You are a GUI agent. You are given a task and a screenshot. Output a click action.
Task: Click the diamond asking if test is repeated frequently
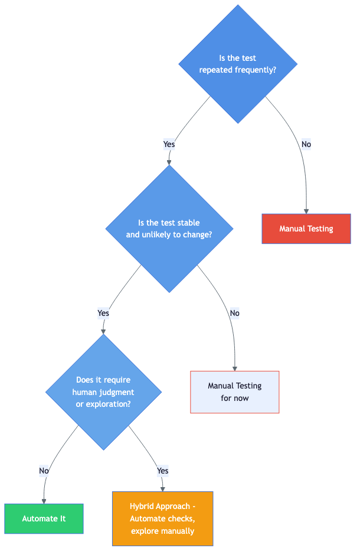[238, 64]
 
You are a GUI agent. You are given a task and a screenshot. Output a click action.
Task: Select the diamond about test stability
[169, 229]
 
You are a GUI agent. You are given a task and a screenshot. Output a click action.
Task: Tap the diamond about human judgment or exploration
[103, 392]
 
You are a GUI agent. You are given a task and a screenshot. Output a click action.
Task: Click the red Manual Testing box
[306, 229]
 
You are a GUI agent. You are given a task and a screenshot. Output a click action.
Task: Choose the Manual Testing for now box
[234, 392]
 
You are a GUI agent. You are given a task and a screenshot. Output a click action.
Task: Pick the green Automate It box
[44, 518]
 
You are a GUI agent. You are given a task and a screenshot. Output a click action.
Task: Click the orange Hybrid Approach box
[162, 518]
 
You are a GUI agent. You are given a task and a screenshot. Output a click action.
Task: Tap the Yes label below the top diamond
[169, 144]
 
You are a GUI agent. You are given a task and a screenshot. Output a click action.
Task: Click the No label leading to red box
[306, 144]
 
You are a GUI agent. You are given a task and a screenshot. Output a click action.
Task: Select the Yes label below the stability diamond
[103, 313]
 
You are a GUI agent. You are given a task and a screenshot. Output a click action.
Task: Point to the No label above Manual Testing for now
[234, 313]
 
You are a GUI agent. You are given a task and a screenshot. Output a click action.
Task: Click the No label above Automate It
[44, 471]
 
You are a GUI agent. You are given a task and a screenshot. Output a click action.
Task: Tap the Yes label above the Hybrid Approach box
[162, 471]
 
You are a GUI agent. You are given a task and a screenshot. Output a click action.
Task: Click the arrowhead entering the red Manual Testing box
[306, 211]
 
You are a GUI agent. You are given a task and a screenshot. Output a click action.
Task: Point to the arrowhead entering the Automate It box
[44, 501]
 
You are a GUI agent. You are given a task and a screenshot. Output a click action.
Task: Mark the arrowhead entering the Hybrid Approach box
[162, 488]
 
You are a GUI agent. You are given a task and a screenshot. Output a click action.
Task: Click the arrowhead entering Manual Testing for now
[235, 368]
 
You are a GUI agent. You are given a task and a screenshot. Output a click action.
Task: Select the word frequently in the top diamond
[257, 70]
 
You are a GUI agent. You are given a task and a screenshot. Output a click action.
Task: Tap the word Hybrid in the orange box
[143, 507]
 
